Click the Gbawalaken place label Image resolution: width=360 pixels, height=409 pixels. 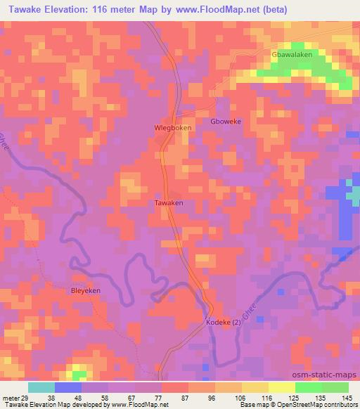coord(291,55)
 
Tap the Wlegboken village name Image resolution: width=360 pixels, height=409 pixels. coord(172,128)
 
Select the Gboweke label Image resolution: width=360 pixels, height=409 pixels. coord(226,122)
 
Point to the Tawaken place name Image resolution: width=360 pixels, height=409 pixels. coord(169,202)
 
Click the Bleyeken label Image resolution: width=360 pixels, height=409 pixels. coord(86,290)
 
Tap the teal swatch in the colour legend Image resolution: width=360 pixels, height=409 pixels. coord(41,387)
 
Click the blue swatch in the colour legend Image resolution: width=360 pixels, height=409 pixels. coord(68,387)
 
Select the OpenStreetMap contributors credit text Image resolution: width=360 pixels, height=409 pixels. coord(314,404)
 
